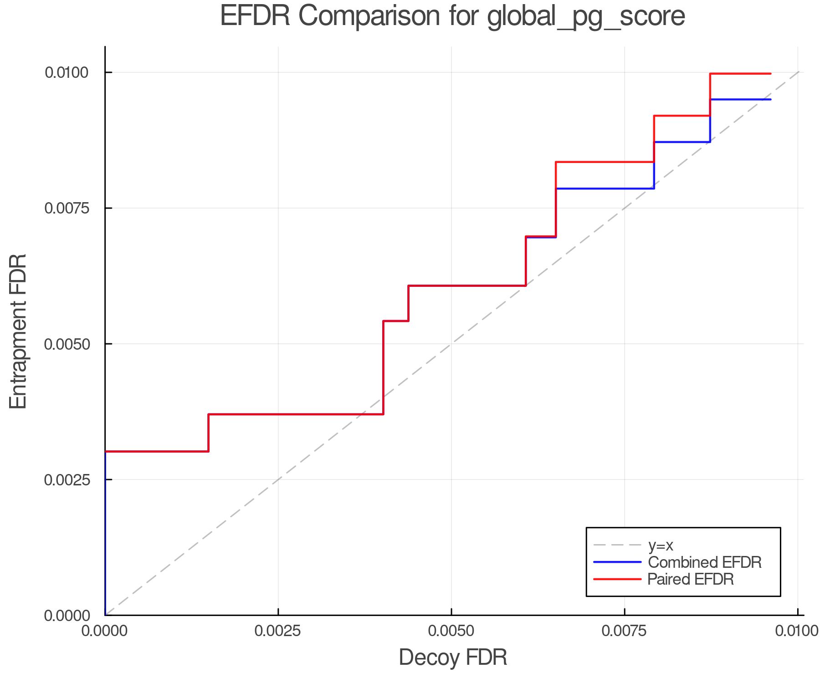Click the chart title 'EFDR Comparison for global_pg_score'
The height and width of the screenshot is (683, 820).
coord(452,16)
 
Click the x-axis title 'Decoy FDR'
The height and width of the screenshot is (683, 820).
coord(453,658)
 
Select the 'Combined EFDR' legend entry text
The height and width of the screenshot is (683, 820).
coord(704,562)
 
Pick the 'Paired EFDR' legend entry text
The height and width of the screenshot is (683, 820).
coord(690,579)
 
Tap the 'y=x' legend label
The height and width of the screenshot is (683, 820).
coord(660,545)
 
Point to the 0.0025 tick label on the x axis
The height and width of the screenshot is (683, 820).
coord(278,631)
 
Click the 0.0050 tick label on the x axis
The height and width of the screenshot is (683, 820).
coord(451,631)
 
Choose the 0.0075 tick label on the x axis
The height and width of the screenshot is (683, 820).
coord(624,631)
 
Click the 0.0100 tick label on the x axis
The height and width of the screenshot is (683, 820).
coord(797,631)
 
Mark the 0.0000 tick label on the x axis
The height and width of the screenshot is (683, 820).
coord(105,631)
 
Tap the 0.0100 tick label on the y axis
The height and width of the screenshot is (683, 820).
coord(67,72)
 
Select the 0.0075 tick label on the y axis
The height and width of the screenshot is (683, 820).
coord(67,208)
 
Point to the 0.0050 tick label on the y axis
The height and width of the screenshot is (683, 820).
coord(67,344)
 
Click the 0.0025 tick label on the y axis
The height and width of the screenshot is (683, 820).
coord(67,479)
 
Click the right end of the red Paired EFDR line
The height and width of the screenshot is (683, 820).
coord(770,74)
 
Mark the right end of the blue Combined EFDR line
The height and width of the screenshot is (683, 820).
coord(770,99)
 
